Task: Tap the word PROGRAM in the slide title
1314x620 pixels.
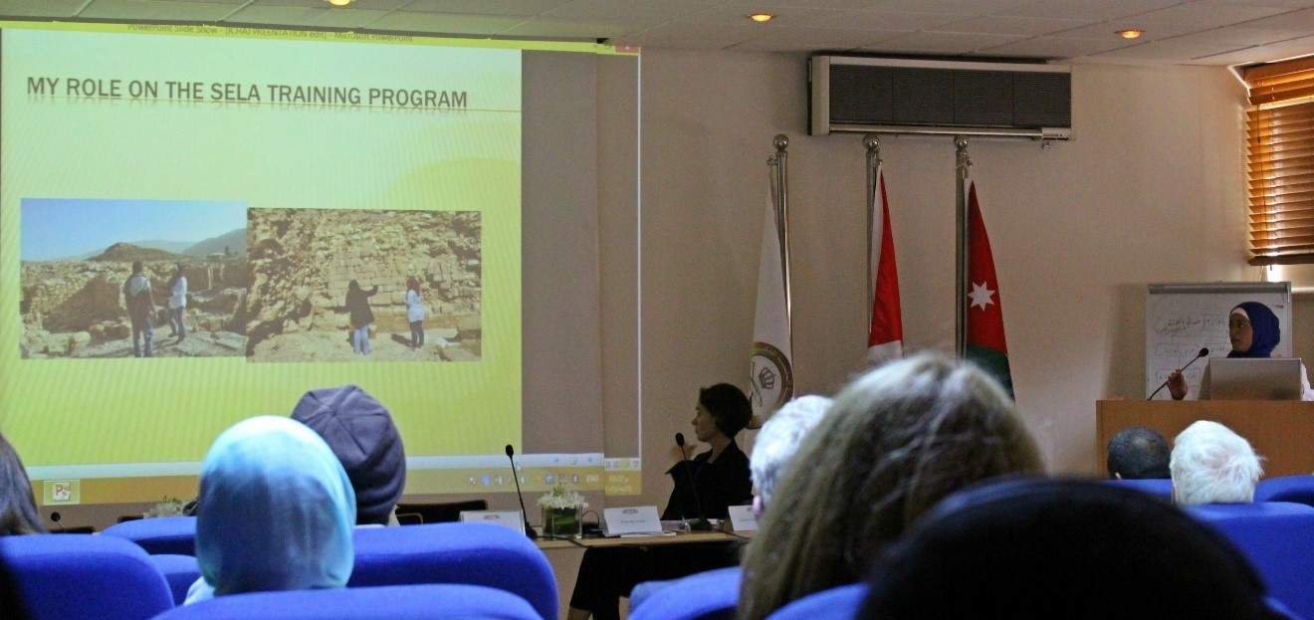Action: [x=417, y=99]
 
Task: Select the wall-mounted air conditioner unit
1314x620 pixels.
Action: [x=941, y=96]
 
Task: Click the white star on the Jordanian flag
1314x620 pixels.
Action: [x=982, y=295]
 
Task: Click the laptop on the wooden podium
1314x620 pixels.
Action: [x=1252, y=379]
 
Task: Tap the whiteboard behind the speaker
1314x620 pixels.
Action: [x=1190, y=328]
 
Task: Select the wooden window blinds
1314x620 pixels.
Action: [x=1280, y=164]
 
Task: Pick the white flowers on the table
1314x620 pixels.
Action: [x=560, y=497]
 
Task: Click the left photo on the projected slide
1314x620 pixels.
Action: [x=132, y=279]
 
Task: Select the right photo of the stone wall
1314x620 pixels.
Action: [x=364, y=285]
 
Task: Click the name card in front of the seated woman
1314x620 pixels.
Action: [x=631, y=519]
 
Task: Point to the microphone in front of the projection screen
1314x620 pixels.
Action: [x=518, y=488]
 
